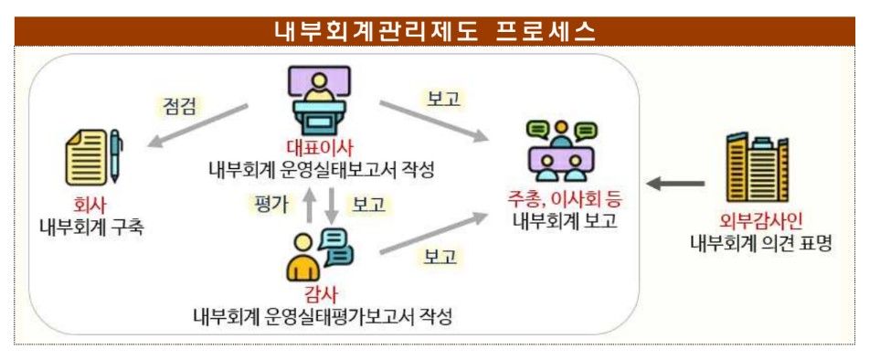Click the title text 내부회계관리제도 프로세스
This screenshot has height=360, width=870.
click(x=435, y=31)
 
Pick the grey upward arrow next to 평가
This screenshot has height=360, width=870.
click(x=309, y=205)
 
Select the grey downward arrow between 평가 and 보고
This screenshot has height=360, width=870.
click(x=332, y=205)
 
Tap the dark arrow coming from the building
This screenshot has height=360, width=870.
click(x=677, y=185)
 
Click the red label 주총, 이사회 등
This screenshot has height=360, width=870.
click(x=559, y=198)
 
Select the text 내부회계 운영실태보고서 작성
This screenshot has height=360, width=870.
click(x=319, y=170)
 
